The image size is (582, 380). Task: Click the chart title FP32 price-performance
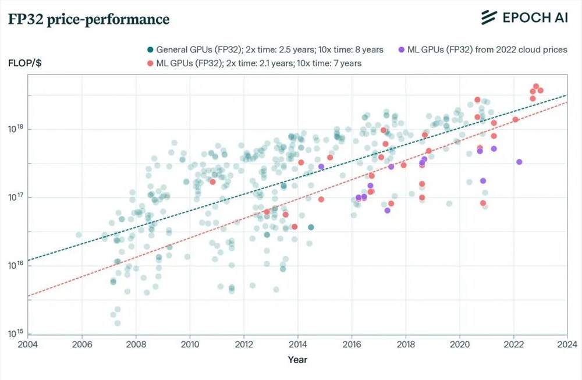tap(88, 19)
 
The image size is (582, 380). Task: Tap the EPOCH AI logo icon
tap(488, 18)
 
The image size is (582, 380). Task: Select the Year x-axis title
tap(297, 360)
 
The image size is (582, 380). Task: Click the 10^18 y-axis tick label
tap(14, 129)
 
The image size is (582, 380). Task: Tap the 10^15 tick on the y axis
tap(14, 333)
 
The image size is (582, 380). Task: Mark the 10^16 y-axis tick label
tap(14, 265)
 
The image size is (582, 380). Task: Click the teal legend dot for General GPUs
tap(150, 50)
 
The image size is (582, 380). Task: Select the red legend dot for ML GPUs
tap(150, 63)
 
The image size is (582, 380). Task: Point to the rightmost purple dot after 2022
tap(519, 162)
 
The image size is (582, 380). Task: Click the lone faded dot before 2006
tap(79, 235)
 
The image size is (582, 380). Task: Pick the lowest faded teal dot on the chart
tap(118, 323)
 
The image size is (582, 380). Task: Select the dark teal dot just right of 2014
tap(311, 227)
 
